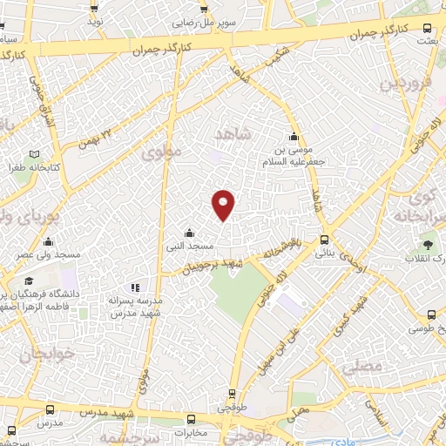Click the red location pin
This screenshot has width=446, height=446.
click(x=224, y=204)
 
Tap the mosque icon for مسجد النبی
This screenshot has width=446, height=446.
click(x=191, y=232)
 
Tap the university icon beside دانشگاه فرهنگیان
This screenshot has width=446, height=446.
click(x=30, y=280)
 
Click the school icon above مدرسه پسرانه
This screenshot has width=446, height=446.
click(x=134, y=287)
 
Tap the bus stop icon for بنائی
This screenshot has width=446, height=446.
click(x=324, y=240)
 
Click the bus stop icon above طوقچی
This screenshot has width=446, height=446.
click(x=232, y=393)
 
